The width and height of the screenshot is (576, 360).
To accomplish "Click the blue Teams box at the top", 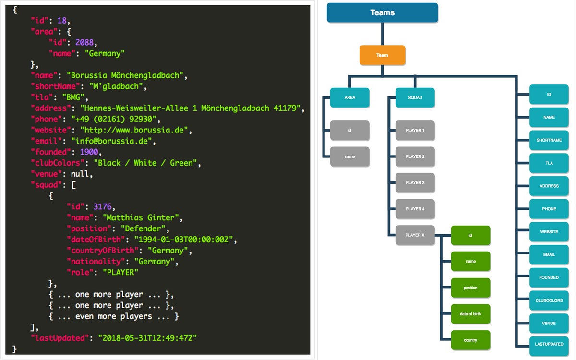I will tap(382, 13).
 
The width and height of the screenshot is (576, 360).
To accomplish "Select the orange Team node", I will tap(382, 55).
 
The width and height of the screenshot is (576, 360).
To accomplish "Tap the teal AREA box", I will tap(349, 97).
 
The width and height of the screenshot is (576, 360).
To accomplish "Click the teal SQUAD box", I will tap(415, 97).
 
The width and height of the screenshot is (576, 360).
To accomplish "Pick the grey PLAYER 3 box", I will tap(415, 183).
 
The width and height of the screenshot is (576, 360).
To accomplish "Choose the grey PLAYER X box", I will tap(415, 235).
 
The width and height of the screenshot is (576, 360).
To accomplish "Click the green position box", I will tap(470, 288).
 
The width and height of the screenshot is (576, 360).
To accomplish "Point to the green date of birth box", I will tap(470, 314).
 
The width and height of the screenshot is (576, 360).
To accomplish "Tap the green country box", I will tap(470, 340).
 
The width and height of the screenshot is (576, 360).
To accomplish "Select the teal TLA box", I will tap(549, 163).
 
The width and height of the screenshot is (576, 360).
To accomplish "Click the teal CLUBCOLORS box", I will tap(549, 300).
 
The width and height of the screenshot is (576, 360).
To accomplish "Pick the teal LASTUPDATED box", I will tap(549, 344).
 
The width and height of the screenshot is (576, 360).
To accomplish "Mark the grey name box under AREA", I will tap(349, 156).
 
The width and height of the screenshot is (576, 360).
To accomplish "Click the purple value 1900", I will tap(89, 152).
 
